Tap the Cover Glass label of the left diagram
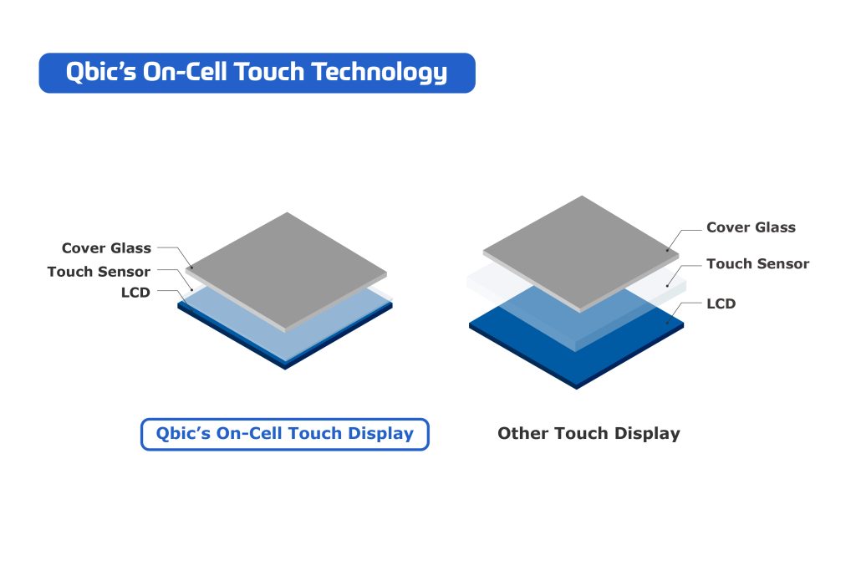(106, 248)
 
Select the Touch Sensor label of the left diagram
(99, 272)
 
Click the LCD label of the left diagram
(135, 293)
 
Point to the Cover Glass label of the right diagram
(751, 227)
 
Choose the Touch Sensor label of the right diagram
(757, 264)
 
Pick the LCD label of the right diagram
(721, 303)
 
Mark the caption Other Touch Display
(588, 434)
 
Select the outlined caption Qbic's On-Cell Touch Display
(284, 434)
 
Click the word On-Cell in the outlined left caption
(250, 434)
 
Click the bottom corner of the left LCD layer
(286, 367)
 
